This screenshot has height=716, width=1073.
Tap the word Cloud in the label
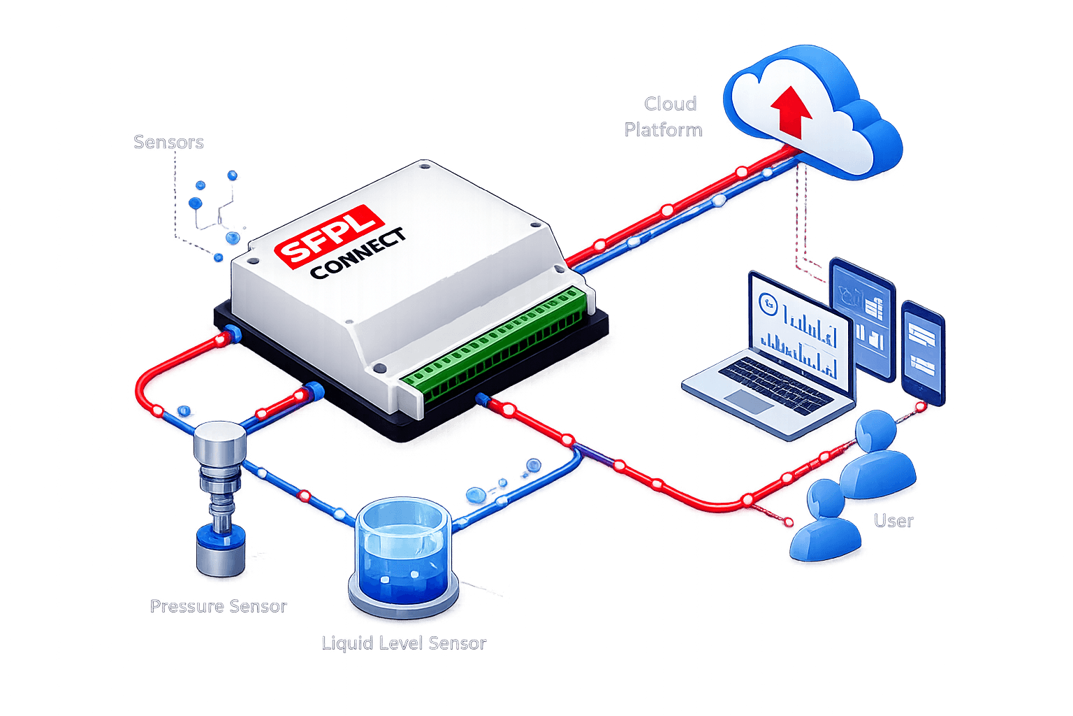point(670,103)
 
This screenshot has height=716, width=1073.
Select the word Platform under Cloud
point(663,130)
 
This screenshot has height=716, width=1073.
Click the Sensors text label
point(168,142)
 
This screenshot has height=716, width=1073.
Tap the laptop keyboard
point(775,384)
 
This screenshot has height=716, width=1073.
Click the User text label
point(893,521)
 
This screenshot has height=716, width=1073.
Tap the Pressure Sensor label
point(219,606)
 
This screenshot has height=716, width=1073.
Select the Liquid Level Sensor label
point(403,643)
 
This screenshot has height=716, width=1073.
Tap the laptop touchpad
point(748,401)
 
